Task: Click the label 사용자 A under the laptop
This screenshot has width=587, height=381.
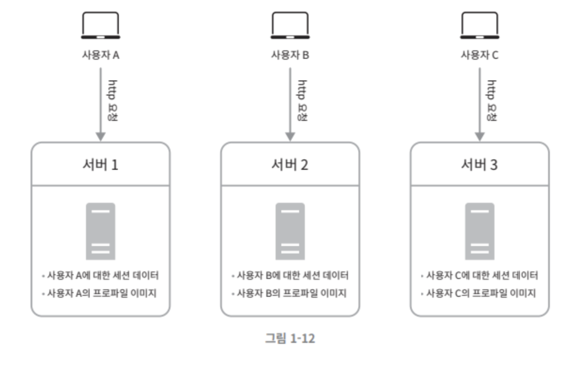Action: [100, 55]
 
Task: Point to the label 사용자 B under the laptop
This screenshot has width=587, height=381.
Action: [290, 55]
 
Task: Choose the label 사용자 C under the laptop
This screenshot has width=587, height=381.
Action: [479, 55]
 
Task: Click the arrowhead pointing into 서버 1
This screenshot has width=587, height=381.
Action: [100, 136]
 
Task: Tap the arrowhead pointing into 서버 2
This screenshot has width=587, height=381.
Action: [290, 136]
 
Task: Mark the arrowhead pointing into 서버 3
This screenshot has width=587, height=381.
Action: [479, 136]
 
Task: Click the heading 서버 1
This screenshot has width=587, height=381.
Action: [100, 165]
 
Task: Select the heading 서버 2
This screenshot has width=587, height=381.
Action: [290, 165]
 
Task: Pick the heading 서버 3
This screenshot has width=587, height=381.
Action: [479, 165]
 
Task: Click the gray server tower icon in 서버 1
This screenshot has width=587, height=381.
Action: [100, 231]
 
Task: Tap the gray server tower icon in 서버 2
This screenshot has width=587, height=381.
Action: [290, 231]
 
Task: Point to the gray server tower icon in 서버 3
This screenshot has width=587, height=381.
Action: [479, 231]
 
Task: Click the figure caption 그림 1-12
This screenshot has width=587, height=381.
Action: [290, 338]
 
